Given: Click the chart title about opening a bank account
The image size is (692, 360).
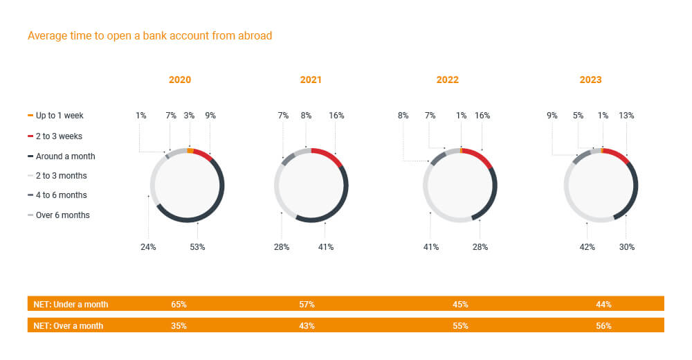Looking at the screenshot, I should (149, 36).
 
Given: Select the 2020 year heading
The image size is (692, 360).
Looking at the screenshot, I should (180, 80).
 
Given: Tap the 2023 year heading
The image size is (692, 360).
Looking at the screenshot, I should (590, 80).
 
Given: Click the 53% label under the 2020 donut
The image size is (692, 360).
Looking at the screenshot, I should (197, 247).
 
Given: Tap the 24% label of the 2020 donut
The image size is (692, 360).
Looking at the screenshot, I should (148, 247).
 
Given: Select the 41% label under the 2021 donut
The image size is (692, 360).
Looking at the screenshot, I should (325, 247).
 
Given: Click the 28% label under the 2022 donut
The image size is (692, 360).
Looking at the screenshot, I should (480, 247).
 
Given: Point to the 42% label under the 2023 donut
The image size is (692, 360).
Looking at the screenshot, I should (587, 247).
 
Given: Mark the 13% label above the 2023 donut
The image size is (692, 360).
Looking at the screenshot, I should (626, 116).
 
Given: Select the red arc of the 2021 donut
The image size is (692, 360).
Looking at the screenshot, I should (329, 155).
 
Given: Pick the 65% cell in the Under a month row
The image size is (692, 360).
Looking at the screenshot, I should (179, 304).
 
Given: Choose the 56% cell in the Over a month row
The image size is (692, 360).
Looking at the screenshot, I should (603, 325).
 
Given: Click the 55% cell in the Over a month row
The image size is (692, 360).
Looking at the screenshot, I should (460, 325).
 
